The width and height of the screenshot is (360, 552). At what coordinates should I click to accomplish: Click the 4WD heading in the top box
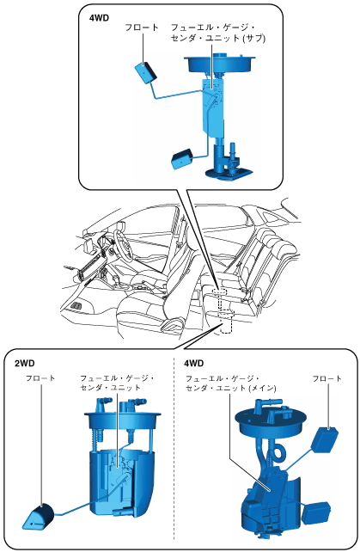click(100, 18)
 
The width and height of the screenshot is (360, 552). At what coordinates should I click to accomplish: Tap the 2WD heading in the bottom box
click(25, 364)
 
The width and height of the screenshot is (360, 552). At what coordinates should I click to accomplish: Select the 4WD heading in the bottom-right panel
click(194, 364)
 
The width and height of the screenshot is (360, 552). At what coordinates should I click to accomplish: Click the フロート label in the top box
click(142, 28)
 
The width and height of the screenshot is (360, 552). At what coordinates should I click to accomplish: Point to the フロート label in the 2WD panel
click(40, 378)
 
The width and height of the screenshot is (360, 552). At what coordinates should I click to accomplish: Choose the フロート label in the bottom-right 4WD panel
click(326, 378)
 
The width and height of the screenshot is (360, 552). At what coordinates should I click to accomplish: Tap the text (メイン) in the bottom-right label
click(263, 388)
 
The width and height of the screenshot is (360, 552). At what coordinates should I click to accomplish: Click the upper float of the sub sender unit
click(145, 72)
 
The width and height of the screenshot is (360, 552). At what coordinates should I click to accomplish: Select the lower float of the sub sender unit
click(182, 159)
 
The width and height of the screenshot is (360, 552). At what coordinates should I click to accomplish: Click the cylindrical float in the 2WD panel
click(38, 517)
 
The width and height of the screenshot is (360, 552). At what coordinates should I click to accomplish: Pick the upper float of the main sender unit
click(324, 439)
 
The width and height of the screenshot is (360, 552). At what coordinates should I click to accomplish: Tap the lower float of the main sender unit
click(316, 513)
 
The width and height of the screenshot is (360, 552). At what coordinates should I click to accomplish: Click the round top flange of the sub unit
click(220, 64)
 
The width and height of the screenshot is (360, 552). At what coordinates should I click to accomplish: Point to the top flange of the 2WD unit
click(122, 420)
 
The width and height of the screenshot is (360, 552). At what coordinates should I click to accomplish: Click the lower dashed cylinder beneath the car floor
click(226, 322)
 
